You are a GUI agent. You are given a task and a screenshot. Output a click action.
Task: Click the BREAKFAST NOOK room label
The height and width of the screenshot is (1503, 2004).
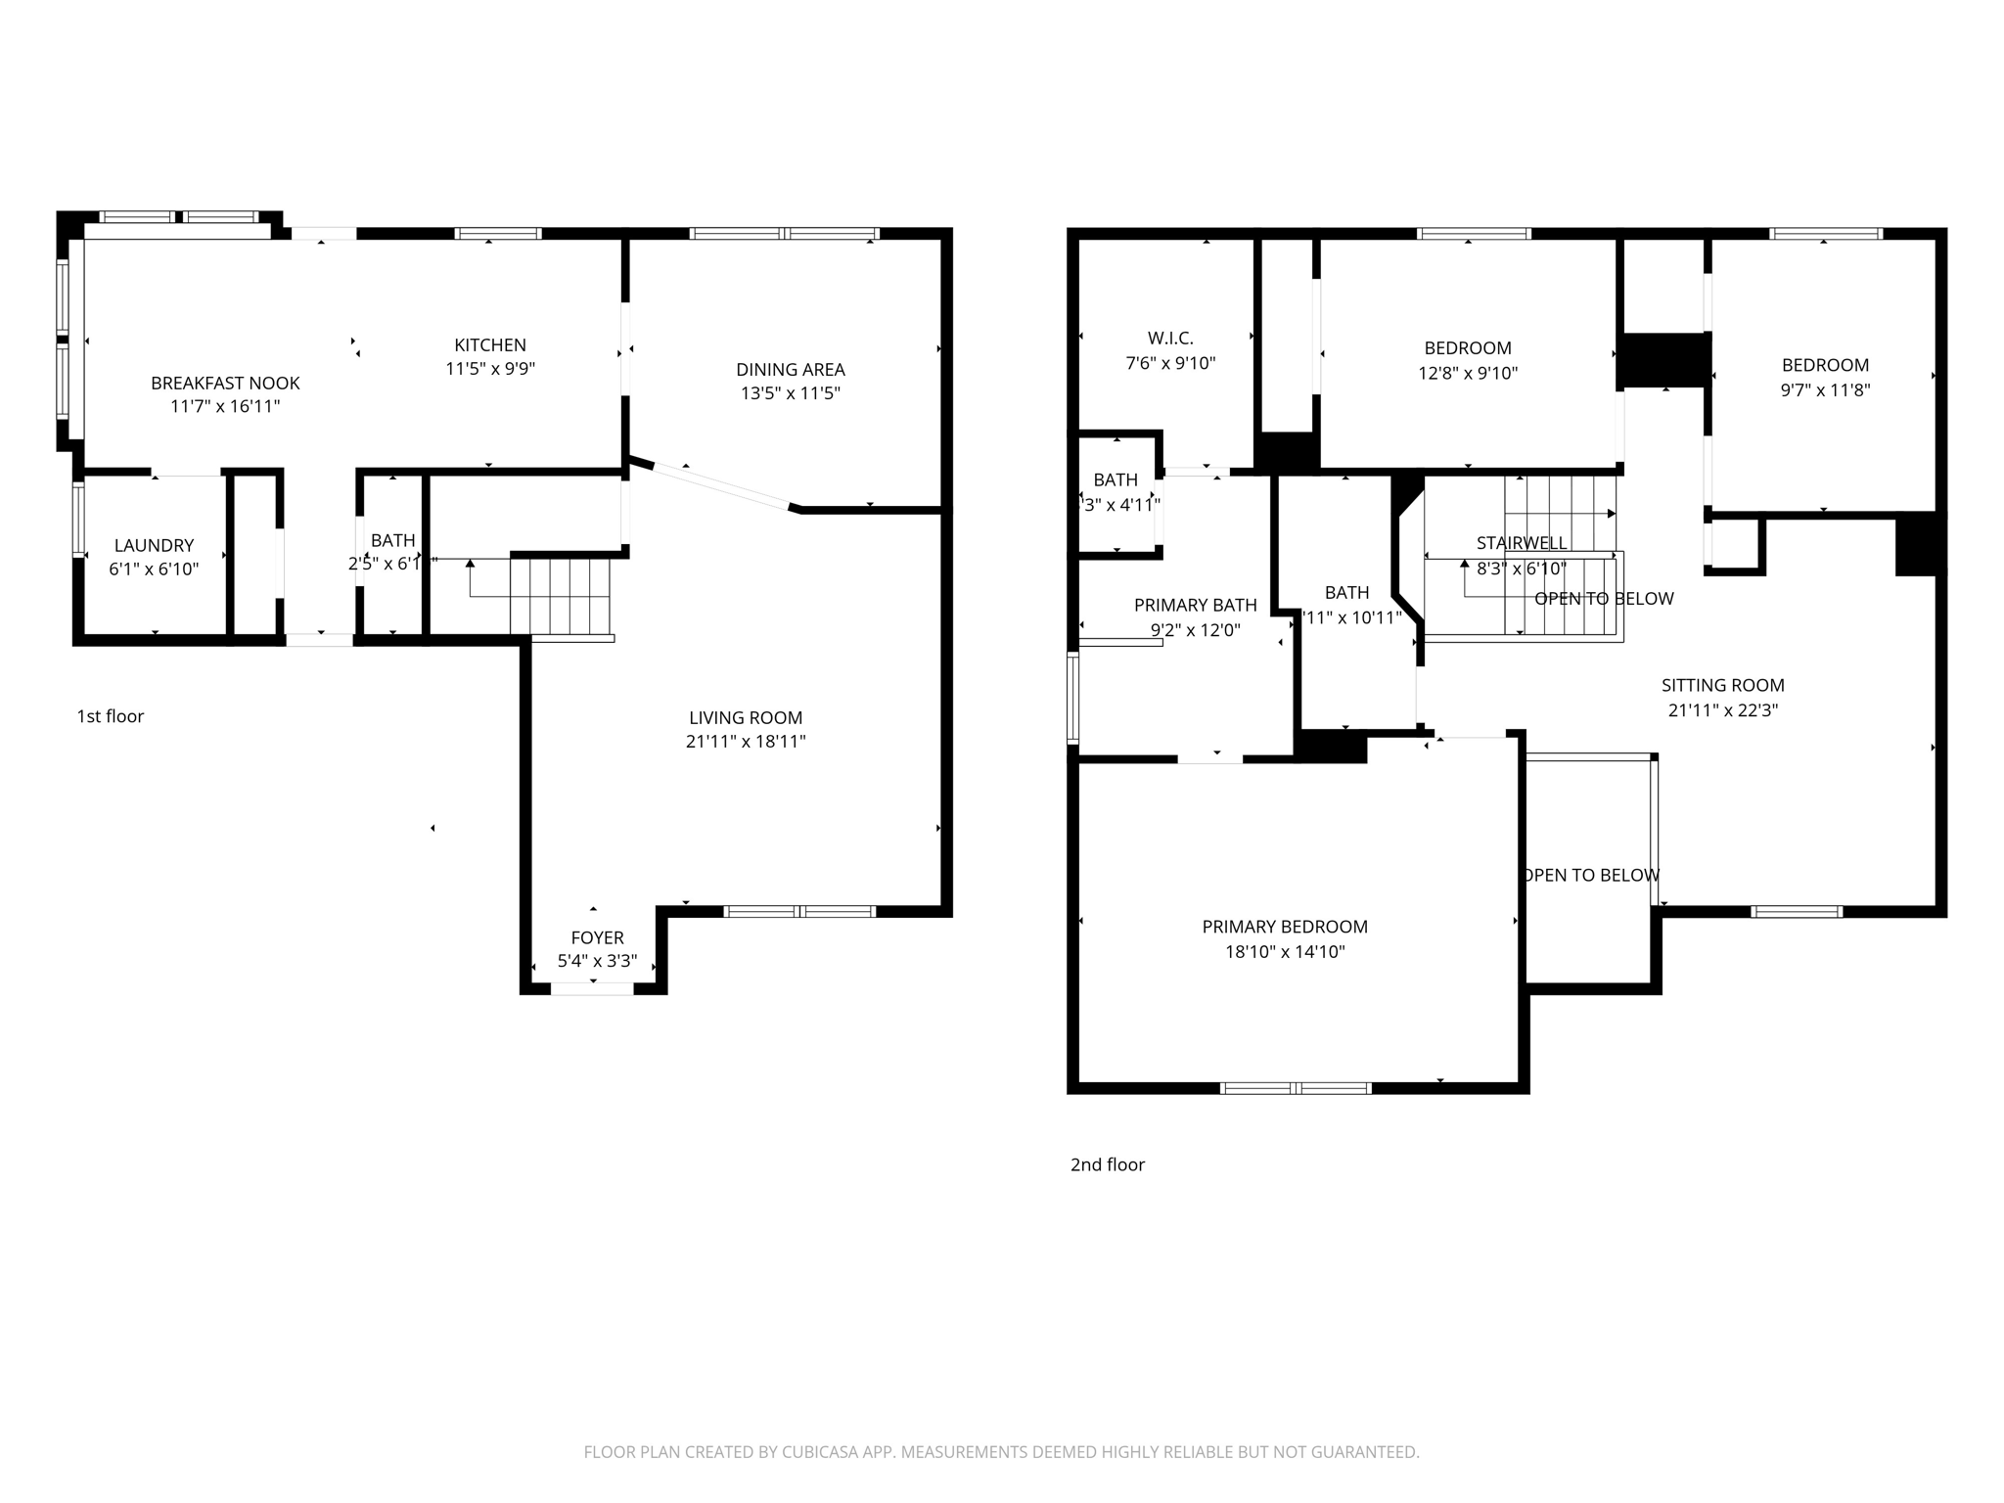[225, 383]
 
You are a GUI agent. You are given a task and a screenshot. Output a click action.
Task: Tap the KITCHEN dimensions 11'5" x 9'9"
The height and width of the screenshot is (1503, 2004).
[490, 369]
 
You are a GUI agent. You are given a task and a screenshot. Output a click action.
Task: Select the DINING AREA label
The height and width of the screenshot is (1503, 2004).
[790, 369]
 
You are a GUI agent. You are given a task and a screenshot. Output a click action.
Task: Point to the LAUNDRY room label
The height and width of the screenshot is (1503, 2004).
[154, 545]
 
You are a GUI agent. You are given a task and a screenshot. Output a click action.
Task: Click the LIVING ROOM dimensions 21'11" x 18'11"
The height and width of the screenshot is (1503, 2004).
[746, 742]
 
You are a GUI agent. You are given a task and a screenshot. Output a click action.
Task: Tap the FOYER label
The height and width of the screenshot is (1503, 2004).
[597, 937]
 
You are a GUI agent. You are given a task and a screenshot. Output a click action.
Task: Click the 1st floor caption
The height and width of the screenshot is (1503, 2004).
[111, 716]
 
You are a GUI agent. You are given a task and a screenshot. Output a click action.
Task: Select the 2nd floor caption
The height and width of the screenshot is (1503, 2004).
[1107, 1164]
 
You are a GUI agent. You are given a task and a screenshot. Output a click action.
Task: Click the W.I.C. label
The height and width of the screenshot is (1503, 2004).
[1170, 339]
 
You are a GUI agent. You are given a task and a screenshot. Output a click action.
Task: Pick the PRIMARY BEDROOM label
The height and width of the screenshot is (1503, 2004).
[1285, 927]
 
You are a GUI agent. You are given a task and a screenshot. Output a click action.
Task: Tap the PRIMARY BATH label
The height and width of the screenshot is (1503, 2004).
[1195, 606]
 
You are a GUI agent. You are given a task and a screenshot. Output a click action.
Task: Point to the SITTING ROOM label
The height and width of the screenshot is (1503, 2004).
[1722, 686]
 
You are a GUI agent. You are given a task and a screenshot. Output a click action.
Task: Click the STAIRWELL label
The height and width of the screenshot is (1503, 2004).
[1521, 542]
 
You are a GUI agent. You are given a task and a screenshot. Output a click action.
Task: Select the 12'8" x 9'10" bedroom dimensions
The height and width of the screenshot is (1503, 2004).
[1468, 373]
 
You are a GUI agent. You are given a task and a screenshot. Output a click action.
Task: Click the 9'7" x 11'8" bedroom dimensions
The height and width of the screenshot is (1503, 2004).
[1825, 389]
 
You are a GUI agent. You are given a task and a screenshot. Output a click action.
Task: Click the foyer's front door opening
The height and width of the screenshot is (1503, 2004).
[592, 989]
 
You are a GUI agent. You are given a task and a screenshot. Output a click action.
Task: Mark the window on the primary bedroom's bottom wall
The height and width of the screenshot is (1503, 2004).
[1296, 1088]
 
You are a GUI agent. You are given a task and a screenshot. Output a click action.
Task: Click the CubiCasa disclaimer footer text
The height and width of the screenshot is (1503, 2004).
[1001, 1452]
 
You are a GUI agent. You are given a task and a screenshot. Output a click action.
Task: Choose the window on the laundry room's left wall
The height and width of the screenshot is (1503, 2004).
[77, 520]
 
